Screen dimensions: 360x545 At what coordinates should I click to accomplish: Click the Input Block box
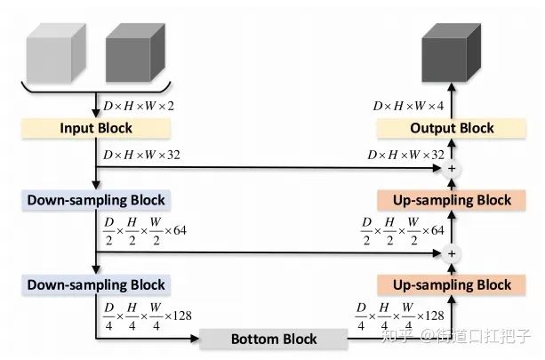click(95, 129)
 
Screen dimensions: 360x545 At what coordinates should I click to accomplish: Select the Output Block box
click(452, 129)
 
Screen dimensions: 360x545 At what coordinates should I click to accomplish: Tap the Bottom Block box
click(273, 339)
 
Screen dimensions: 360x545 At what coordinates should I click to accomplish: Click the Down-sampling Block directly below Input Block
click(95, 200)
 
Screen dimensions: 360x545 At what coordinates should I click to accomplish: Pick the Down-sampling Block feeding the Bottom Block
click(95, 284)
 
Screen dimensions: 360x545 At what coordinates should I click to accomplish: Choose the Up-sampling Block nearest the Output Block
click(452, 200)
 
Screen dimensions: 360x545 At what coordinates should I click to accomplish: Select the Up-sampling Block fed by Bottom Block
click(452, 284)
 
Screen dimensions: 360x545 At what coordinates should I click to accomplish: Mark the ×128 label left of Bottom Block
click(148, 315)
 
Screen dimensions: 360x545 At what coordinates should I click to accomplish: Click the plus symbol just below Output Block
click(452, 167)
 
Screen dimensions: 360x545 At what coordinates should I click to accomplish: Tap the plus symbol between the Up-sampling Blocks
click(452, 253)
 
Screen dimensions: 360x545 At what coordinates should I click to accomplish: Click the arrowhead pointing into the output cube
click(452, 86)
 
